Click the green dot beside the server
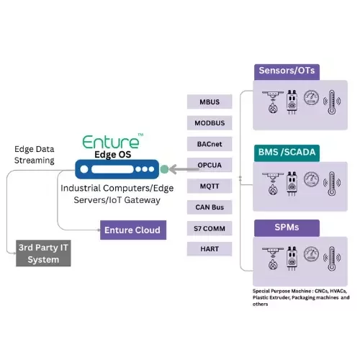pyautogui.click(x=164, y=169)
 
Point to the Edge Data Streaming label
pyautogui.click(x=35, y=155)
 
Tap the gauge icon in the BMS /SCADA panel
pyautogui.click(x=312, y=179)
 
